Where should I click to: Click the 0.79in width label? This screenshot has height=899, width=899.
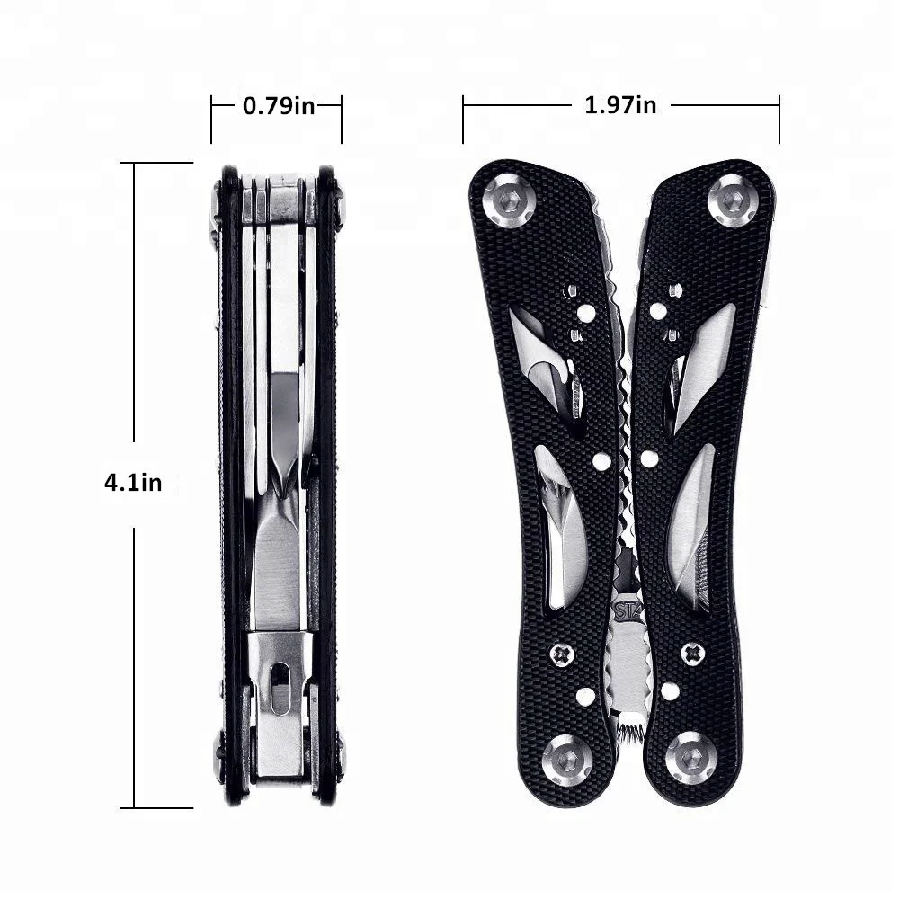279,106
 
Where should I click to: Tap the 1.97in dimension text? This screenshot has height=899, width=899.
620,105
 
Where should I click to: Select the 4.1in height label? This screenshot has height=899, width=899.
133,482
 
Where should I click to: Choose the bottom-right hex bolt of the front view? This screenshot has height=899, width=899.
690,758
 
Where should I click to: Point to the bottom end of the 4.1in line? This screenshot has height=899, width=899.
135,807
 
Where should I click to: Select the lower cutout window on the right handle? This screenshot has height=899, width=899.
692,526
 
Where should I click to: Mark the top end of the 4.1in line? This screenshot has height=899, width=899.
135,163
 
